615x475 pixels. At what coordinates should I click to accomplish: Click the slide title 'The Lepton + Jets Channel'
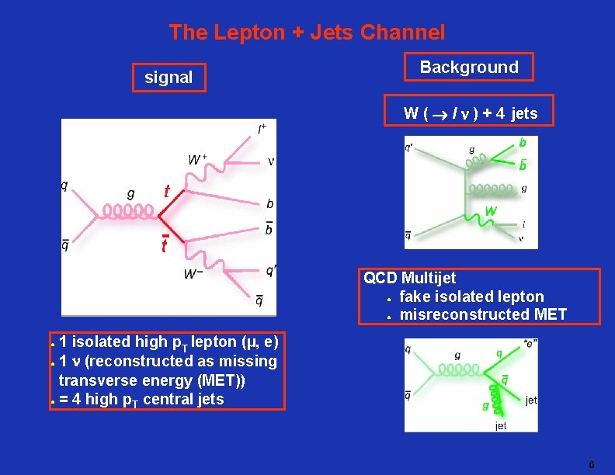(307, 33)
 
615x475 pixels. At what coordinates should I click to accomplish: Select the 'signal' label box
(169, 78)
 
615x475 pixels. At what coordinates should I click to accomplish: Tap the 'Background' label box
(469, 67)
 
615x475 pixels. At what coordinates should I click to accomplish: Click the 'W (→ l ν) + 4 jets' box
(470, 113)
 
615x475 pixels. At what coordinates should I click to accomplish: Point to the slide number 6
(591, 465)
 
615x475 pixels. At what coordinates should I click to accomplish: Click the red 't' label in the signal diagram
(165, 191)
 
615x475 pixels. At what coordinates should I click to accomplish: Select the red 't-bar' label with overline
(165, 245)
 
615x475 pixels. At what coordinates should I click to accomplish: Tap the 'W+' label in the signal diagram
(198, 160)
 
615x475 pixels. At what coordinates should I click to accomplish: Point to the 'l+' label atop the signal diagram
(263, 127)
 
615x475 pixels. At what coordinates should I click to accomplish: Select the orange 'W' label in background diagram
(491, 211)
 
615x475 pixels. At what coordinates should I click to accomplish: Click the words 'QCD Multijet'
(410, 278)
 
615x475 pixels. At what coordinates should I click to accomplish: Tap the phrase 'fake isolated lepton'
(471, 296)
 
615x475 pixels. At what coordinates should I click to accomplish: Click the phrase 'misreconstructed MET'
(483, 314)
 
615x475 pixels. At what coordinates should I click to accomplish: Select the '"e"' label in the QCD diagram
(530, 344)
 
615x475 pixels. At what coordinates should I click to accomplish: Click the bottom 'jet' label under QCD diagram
(501, 425)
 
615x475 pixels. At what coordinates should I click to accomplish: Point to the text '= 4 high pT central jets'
(141, 400)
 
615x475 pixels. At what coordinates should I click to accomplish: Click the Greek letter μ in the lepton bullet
(247, 342)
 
